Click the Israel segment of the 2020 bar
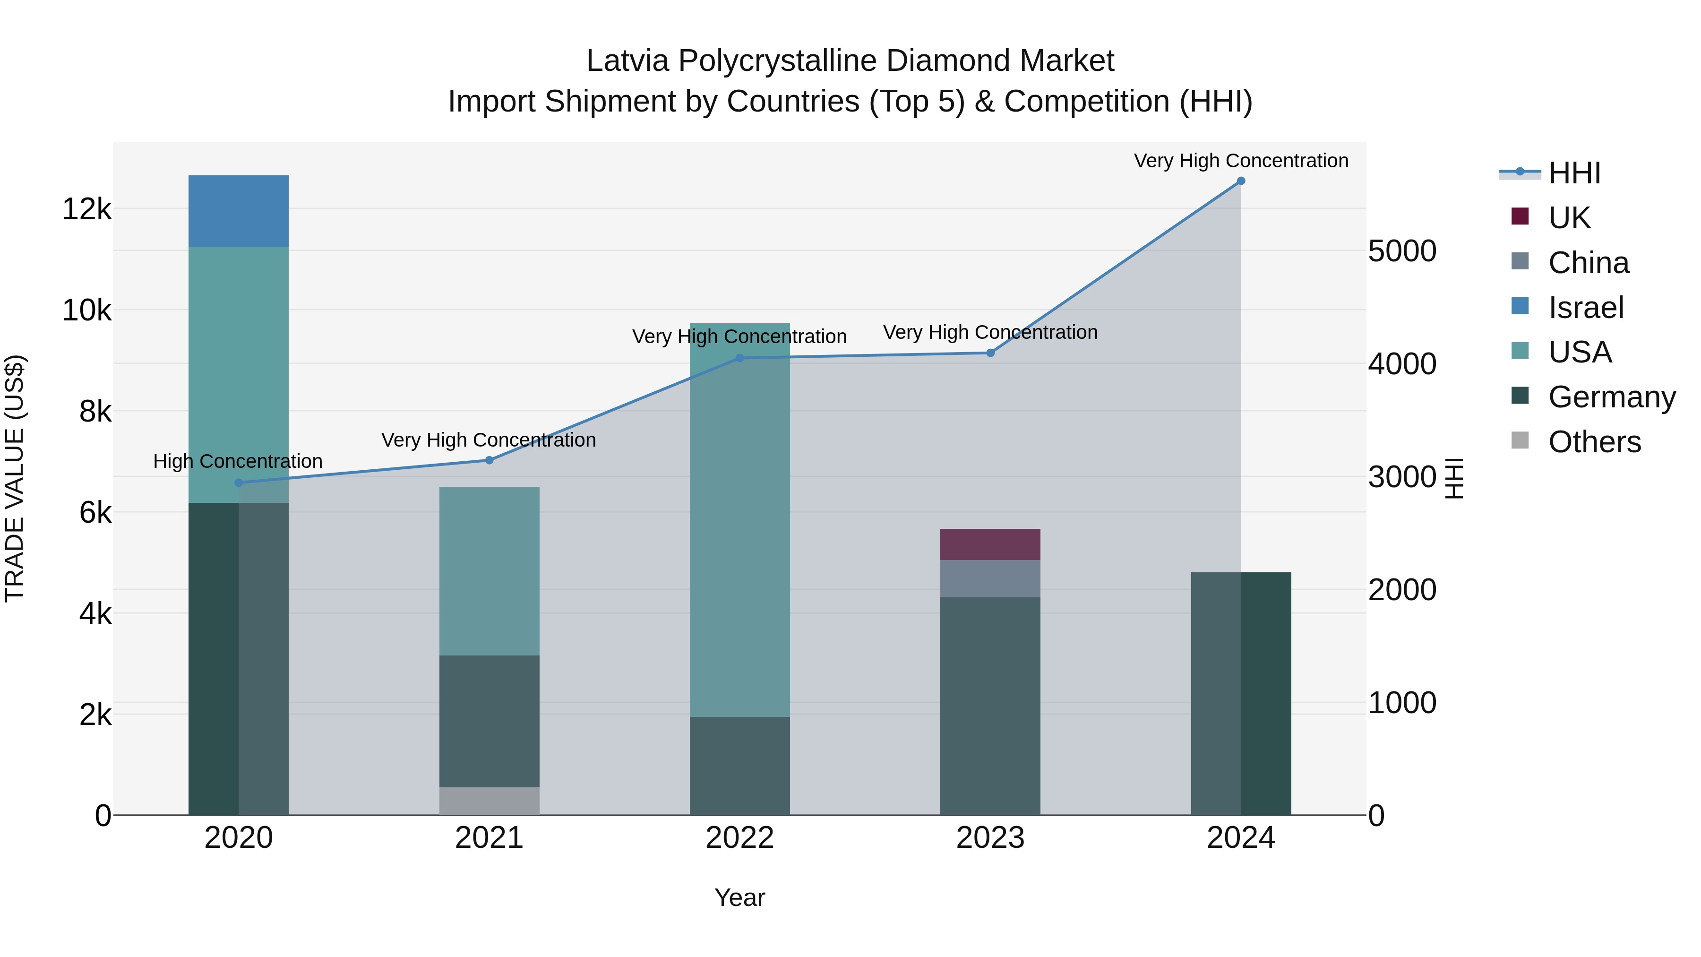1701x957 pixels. pos(239,211)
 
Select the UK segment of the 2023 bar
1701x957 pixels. pos(990,544)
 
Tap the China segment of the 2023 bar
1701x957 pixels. pos(990,578)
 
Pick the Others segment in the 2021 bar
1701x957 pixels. pos(490,801)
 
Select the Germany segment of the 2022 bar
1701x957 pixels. pos(739,766)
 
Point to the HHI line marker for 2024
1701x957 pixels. pos(1241,181)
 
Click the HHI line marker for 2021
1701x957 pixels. pos(490,460)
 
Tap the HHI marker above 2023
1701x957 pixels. pos(990,353)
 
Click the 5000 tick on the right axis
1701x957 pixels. pos(1402,251)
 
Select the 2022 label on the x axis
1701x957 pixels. pos(739,838)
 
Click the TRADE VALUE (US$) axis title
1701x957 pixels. pos(15,478)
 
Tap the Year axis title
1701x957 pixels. pos(739,897)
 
